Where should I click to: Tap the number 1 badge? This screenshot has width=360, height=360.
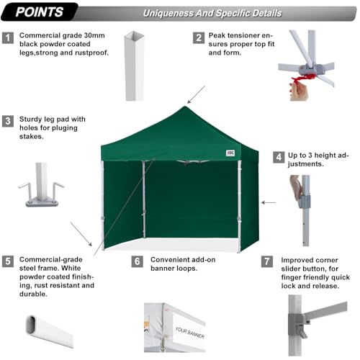[x=9, y=37]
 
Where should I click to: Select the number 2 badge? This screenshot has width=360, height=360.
[x=198, y=37]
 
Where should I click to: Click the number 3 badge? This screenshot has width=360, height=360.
[x=9, y=121]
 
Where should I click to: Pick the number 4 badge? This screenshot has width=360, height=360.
[x=278, y=156]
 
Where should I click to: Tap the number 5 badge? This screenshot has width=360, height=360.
[x=9, y=261]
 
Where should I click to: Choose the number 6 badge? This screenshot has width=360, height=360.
[x=138, y=261]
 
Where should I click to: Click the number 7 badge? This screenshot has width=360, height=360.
[x=267, y=261]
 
